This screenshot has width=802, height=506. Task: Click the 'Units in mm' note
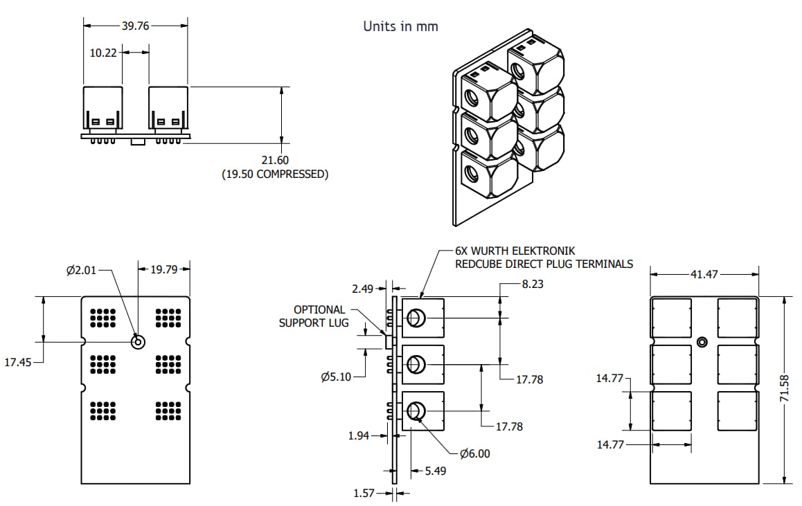coord(400,26)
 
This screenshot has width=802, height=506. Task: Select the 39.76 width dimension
coord(135,26)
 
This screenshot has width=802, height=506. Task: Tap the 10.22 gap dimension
coord(104,52)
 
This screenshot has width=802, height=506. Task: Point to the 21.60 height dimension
coord(275,160)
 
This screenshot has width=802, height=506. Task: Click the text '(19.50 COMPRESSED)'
coord(275,174)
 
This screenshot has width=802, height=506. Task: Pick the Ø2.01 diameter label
coord(82,270)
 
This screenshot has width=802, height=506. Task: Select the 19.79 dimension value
coord(165,269)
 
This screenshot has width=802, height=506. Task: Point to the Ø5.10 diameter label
coord(337,377)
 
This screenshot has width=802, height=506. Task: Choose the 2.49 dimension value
coord(362,288)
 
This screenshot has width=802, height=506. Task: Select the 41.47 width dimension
coord(704,275)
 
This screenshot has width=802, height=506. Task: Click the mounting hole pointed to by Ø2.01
coord(137,341)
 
